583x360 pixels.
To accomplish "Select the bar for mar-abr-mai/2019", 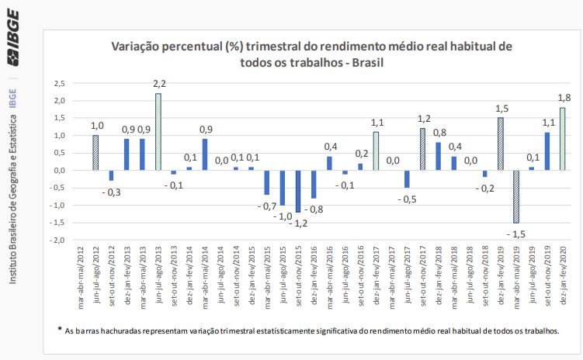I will pyautogui.click(x=515, y=196).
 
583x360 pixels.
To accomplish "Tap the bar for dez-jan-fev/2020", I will pyautogui.click(x=562, y=139).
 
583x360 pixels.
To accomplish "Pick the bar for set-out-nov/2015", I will pyautogui.click(x=297, y=191).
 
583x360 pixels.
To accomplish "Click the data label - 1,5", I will pyautogui.click(x=515, y=233).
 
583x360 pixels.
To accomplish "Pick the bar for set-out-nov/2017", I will pyautogui.click(x=422, y=149).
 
